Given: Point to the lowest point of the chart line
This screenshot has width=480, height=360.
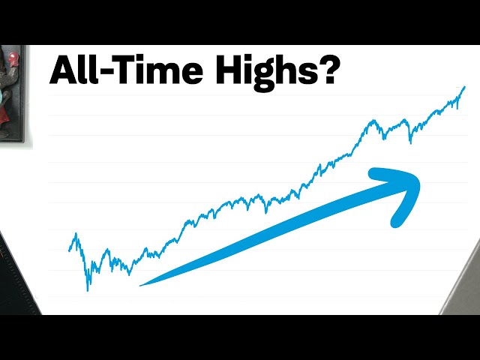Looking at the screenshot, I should (88, 290).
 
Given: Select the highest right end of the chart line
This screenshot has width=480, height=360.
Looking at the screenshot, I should (464, 87).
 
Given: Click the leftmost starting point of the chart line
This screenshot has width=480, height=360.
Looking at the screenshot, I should (69, 250).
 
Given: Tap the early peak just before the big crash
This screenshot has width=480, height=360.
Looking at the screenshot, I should (75, 235).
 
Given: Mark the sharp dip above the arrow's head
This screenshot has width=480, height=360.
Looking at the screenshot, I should (409, 142).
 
